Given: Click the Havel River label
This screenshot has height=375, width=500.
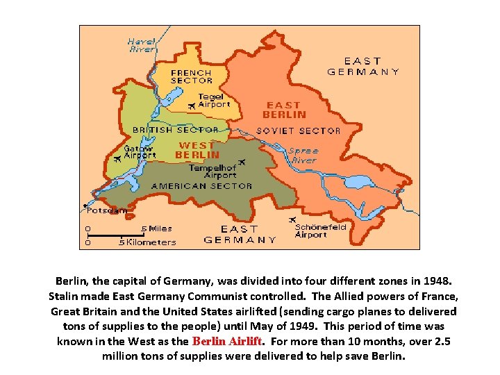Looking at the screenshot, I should (x=142, y=45).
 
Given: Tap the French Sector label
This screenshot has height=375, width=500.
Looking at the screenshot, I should (x=191, y=76).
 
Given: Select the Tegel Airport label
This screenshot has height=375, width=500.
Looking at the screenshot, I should (x=214, y=101).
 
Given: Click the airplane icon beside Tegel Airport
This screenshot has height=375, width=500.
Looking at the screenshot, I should (x=192, y=106).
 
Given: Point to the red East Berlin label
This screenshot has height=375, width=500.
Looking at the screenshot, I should (x=284, y=110).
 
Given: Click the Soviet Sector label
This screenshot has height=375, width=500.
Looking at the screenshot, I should (x=299, y=131).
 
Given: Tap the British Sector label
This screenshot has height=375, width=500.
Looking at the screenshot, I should (x=176, y=130).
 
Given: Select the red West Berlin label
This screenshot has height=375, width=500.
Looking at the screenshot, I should (x=197, y=150).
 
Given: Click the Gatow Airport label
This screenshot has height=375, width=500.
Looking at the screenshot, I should (x=140, y=152).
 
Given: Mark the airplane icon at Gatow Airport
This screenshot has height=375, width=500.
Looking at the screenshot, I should (x=116, y=159).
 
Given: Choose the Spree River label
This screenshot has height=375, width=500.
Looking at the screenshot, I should (x=304, y=156).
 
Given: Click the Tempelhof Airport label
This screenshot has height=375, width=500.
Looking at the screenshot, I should (x=212, y=172).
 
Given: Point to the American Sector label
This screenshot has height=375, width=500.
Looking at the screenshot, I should (x=201, y=186).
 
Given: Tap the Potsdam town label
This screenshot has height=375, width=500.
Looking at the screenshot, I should (x=108, y=210).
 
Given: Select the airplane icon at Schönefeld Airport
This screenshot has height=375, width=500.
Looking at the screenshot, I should (x=292, y=221).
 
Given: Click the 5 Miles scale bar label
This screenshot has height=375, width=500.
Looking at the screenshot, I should (x=156, y=228).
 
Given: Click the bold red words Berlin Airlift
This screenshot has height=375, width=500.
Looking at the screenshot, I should (x=226, y=341).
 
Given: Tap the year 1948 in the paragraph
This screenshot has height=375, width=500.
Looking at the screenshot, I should (x=435, y=281).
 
